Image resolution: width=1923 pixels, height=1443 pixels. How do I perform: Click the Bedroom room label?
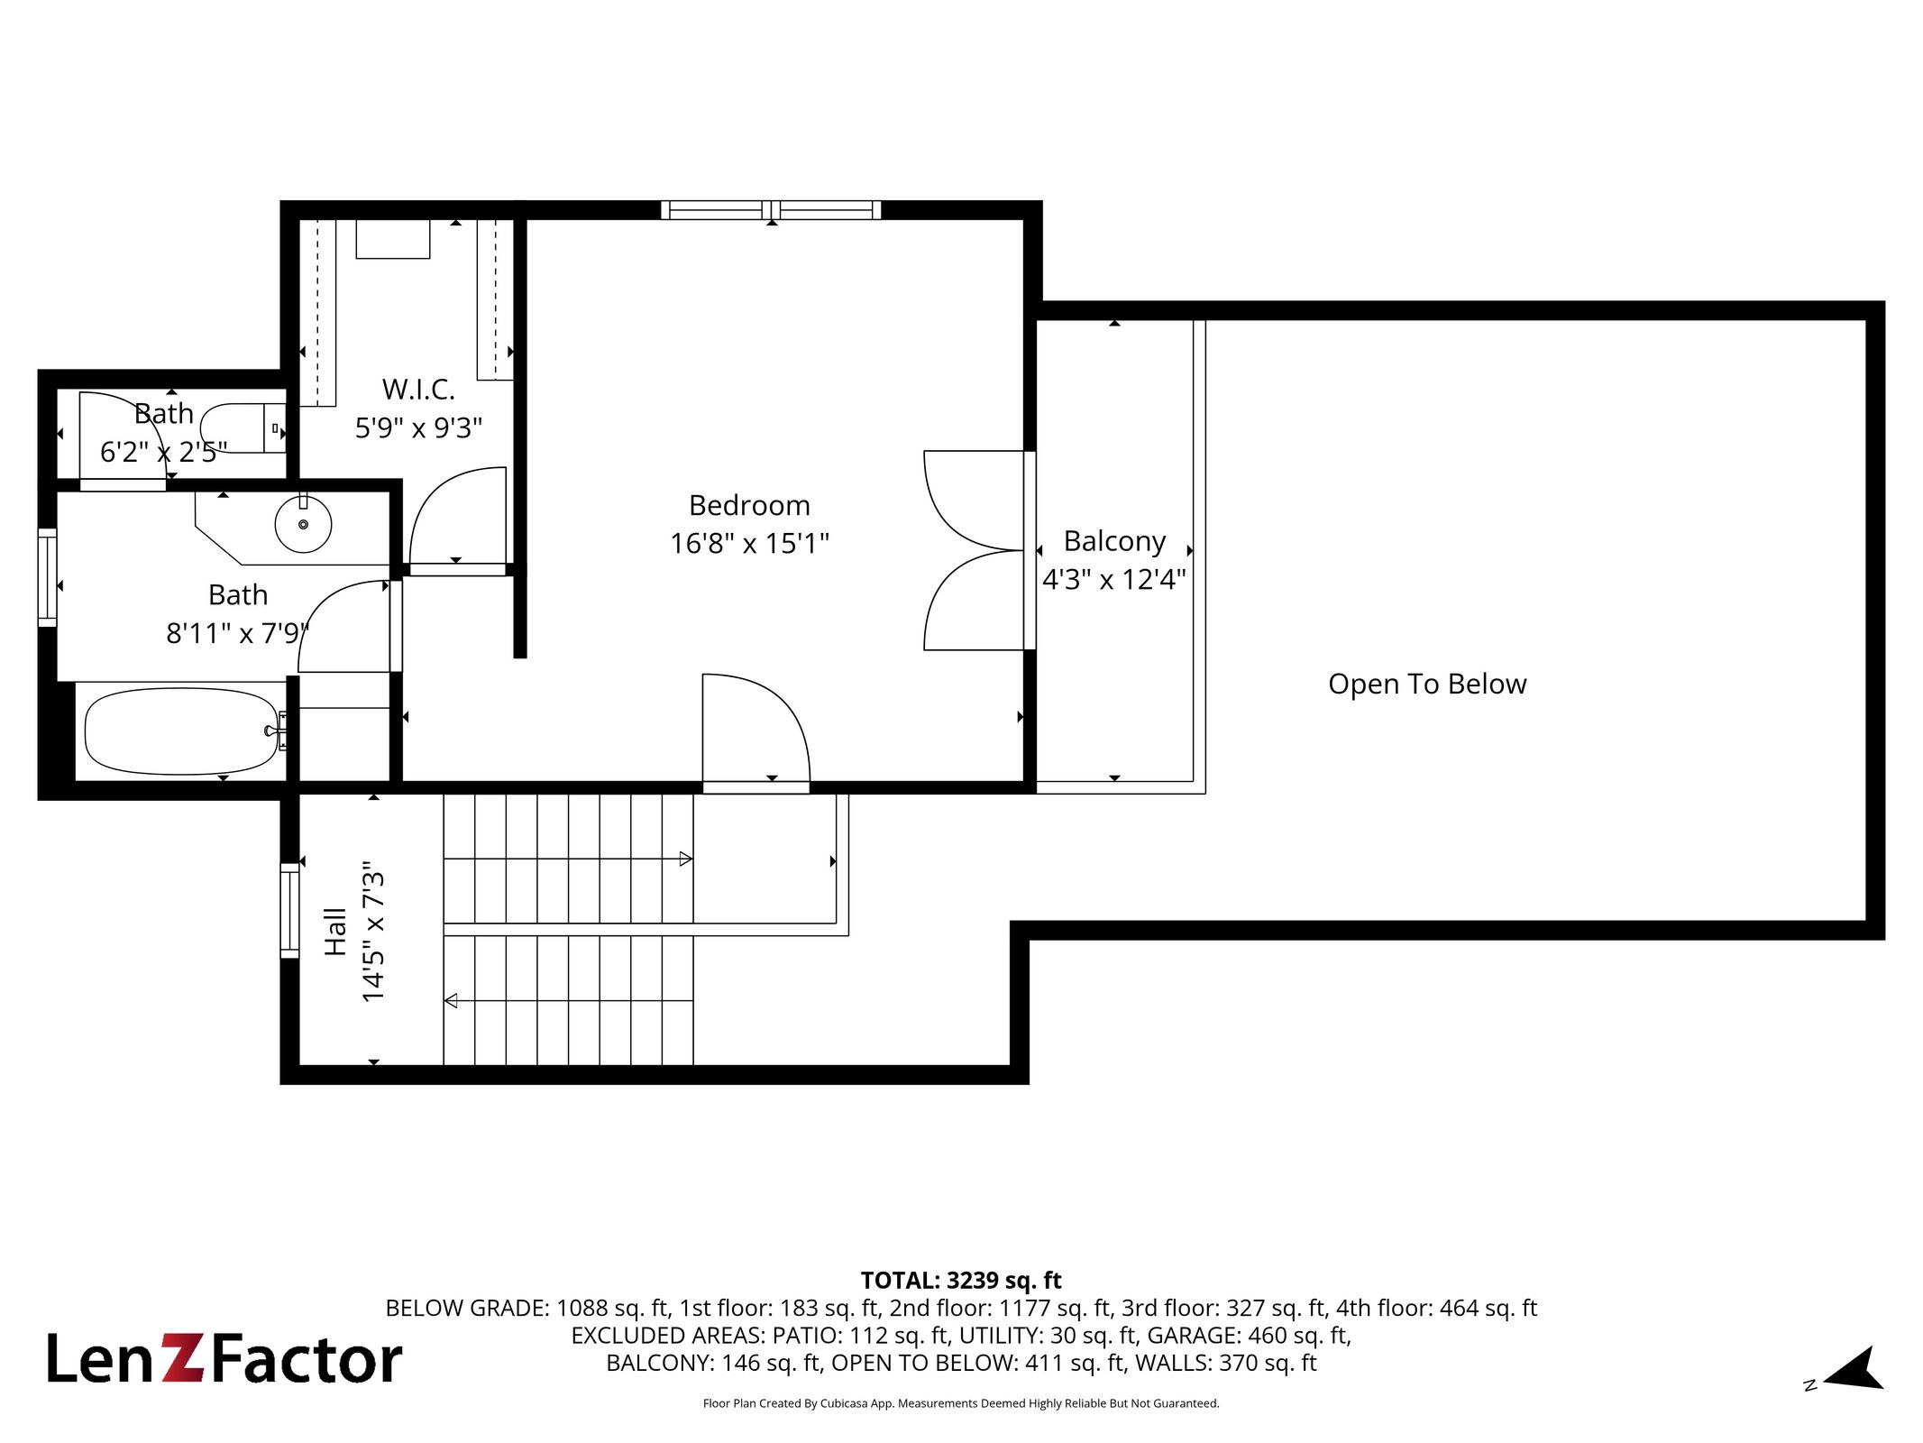tap(749, 505)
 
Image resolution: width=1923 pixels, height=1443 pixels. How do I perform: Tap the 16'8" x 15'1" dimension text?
tap(749, 543)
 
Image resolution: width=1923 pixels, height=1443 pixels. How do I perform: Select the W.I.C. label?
tap(418, 390)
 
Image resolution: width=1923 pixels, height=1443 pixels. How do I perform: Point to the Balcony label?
tap(1114, 541)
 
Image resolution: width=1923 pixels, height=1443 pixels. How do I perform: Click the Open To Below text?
tap(1427, 685)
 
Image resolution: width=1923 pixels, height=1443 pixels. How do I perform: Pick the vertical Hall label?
tap(335, 932)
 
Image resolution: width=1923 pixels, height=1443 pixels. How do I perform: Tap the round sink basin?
tap(303, 524)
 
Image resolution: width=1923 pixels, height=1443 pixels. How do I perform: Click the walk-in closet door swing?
tap(458, 519)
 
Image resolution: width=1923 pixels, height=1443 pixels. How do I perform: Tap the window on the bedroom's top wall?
tap(771, 210)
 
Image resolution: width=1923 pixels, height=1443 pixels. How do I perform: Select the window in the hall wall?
tap(289, 910)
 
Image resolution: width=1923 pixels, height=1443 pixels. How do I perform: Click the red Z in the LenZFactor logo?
tap(183, 1359)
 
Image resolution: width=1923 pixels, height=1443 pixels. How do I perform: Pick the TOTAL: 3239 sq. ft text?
tap(961, 1281)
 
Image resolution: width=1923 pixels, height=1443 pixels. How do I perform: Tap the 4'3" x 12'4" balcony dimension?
tap(1114, 579)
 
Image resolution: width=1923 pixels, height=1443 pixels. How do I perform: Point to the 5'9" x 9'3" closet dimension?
tap(418, 427)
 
